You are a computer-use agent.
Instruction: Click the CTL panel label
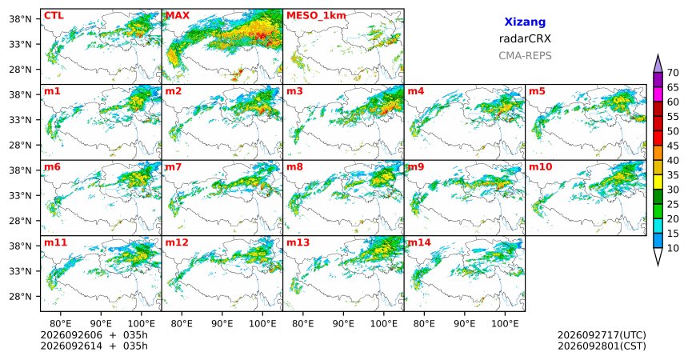coord(54,16)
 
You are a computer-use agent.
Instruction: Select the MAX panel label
coord(178,16)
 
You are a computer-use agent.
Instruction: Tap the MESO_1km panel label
coord(316,16)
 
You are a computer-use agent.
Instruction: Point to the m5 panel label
coord(537,91)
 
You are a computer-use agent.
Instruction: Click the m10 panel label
coord(540,167)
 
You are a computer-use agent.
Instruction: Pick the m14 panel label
coord(419,242)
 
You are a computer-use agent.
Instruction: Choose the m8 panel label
coord(294,167)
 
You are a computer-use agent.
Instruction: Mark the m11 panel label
coord(55,242)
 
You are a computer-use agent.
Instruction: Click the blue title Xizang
coord(525,22)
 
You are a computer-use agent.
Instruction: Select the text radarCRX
coord(525,38)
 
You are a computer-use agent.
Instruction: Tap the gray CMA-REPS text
coord(525,56)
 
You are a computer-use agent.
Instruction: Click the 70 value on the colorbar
coord(673,73)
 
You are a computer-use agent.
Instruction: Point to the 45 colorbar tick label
coord(673,146)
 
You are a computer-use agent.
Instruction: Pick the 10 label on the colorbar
coord(673,248)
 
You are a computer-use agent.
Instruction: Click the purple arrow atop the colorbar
coord(658,64)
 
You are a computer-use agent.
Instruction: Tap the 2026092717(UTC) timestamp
coord(602,335)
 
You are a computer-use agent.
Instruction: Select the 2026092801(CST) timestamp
coord(602,346)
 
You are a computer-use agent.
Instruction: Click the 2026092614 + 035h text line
coord(94,346)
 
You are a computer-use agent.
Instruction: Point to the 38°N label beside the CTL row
coord(20,19)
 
